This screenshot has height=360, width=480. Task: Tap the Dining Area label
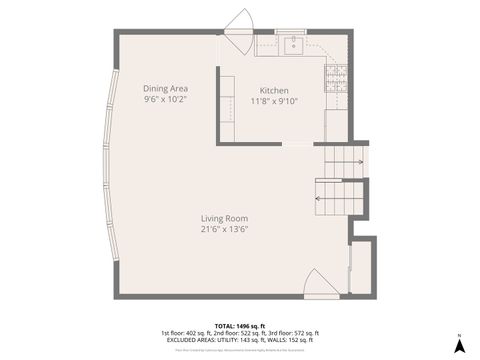click(x=165, y=88)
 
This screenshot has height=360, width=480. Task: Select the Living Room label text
click(x=224, y=218)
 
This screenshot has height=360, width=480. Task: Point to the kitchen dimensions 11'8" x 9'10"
click(x=274, y=101)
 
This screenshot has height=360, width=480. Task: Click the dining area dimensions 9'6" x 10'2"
click(x=165, y=99)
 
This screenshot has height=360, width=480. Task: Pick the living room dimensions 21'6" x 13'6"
click(x=224, y=229)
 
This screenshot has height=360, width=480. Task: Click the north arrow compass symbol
click(x=459, y=345)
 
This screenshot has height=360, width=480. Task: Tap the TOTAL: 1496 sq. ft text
click(x=240, y=326)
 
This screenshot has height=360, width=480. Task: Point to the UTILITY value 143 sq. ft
click(x=249, y=340)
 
